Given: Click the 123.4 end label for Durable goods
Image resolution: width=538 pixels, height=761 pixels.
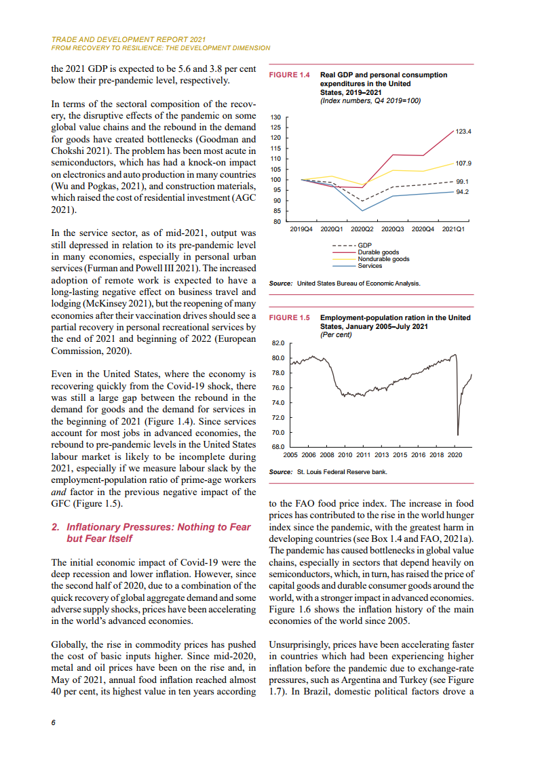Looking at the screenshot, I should (x=463, y=131).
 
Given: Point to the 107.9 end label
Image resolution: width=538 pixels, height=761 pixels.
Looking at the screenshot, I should (x=463, y=163).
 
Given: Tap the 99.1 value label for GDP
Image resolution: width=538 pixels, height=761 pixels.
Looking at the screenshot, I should (x=463, y=181).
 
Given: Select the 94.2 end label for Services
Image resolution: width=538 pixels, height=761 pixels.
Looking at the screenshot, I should (x=463, y=192).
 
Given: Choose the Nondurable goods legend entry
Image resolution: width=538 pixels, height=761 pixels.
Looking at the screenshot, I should (x=383, y=259).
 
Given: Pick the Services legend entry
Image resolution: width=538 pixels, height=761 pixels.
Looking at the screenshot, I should (x=370, y=266).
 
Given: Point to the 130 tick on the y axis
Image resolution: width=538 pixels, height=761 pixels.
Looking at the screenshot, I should (x=275, y=117).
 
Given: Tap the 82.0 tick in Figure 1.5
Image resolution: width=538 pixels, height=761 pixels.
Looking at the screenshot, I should (x=277, y=344).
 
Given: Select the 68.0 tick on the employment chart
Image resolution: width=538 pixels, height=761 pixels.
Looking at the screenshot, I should (x=277, y=447).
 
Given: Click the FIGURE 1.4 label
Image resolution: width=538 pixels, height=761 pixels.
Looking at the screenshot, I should (x=290, y=75).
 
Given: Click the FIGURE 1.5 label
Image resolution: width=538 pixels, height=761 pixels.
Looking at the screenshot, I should (x=290, y=317).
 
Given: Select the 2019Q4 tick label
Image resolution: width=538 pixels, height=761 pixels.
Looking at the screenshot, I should (x=301, y=229).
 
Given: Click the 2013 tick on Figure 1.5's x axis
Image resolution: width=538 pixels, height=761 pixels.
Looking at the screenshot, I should (x=381, y=454).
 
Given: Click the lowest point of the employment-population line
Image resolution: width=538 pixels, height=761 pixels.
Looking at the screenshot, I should (x=458, y=435).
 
